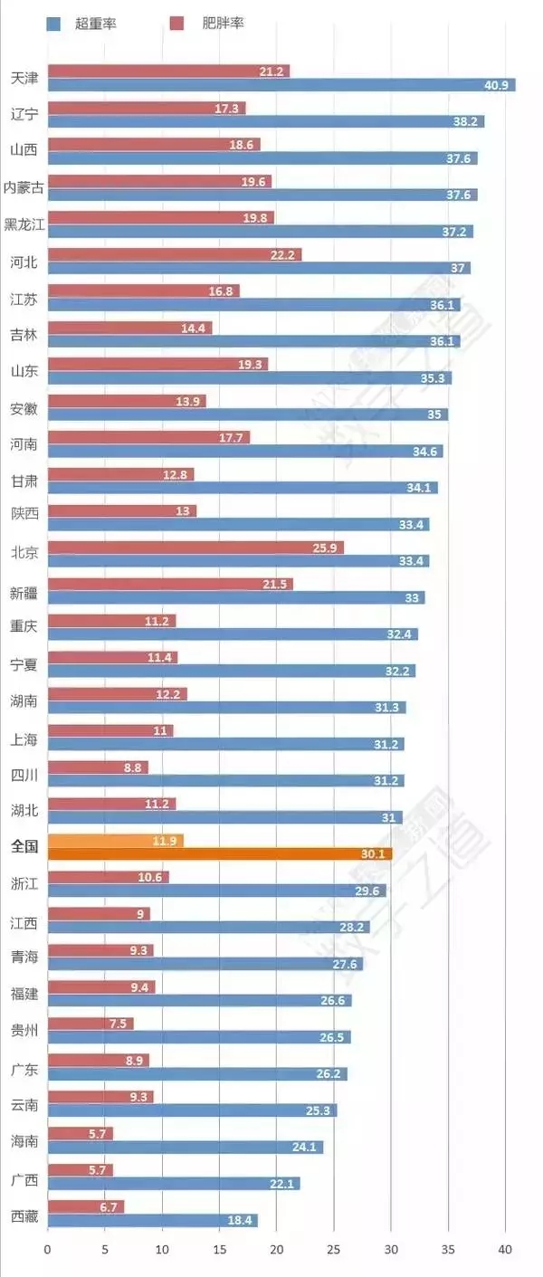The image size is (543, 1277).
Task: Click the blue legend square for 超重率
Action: click(x=53, y=24)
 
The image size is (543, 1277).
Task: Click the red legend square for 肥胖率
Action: click(x=177, y=24)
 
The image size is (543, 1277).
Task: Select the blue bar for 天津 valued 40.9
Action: click(x=281, y=85)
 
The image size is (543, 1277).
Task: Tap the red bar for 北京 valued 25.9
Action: click(x=195, y=548)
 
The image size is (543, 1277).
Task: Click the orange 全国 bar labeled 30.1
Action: click(x=219, y=853)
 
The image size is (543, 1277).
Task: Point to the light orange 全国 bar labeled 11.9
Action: click(x=115, y=841)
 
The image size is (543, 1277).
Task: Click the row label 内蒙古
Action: click(x=24, y=187)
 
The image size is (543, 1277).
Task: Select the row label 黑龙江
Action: click(x=24, y=224)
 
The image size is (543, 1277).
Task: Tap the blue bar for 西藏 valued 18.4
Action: click(x=152, y=1220)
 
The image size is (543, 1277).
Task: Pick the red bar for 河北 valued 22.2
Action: click(x=174, y=255)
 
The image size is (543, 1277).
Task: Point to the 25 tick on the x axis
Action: click(x=334, y=1250)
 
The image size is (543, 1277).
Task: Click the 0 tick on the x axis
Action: click(x=48, y=1250)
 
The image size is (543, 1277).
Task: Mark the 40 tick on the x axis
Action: click(x=505, y=1250)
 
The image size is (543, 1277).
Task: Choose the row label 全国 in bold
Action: click(x=24, y=847)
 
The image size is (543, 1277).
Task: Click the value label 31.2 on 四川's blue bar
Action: click(x=386, y=781)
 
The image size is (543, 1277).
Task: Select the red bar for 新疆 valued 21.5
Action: click(x=170, y=585)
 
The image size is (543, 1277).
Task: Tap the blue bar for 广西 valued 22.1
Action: click(x=174, y=1184)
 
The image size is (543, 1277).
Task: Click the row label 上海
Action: click(x=24, y=739)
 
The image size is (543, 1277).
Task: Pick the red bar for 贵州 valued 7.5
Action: click(x=90, y=1024)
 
